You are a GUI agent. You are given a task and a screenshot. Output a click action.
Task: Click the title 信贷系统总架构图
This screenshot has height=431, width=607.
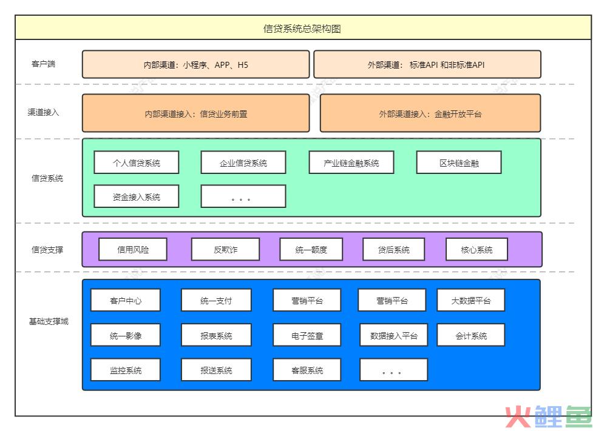point(302,28)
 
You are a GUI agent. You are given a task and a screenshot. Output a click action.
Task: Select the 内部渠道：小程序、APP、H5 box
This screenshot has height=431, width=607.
point(196,64)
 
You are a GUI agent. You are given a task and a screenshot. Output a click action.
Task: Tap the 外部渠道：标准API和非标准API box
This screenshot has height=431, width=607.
point(427,64)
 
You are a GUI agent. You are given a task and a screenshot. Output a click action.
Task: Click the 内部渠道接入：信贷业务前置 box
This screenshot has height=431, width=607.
point(196,113)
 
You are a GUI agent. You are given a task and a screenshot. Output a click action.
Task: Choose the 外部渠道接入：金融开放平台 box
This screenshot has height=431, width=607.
point(430,113)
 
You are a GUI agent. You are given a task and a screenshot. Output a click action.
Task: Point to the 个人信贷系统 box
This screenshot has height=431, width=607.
point(136,162)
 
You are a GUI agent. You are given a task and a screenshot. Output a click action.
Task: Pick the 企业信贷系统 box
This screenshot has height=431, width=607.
point(243,162)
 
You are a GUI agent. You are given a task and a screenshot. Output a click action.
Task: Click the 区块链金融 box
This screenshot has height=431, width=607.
point(459,162)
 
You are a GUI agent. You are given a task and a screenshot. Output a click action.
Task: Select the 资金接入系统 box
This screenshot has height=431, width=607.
point(136,196)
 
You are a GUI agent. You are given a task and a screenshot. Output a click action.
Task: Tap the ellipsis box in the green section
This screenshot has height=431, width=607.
point(243,196)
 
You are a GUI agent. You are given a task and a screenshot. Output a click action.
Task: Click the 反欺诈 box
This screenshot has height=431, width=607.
point(225,249)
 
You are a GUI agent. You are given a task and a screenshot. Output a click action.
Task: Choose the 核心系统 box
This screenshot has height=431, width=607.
point(476,249)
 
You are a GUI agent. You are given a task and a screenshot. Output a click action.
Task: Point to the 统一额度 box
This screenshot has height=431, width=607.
point(311,249)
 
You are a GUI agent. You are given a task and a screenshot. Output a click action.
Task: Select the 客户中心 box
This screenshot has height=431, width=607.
point(126,300)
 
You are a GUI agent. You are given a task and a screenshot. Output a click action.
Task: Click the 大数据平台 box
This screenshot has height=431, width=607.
point(471,300)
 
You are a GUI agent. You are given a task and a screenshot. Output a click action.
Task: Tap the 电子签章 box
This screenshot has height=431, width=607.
point(307,335)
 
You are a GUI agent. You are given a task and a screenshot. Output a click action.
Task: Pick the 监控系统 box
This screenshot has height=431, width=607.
point(126,370)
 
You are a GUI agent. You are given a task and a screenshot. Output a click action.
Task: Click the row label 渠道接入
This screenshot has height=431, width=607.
point(43,112)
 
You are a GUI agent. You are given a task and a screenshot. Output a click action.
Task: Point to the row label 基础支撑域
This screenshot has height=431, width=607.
point(49,321)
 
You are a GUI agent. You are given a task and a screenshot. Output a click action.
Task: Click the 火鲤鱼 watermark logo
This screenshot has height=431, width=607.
point(549,416)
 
